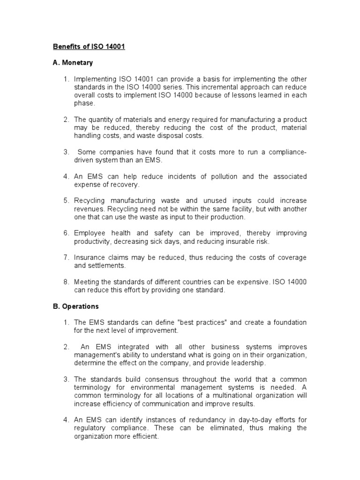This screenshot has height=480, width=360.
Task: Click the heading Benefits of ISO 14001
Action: (x=89, y=47)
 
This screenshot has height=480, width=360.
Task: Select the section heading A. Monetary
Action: (x=73, y=62)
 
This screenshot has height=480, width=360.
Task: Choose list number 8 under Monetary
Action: (x=67, y=282)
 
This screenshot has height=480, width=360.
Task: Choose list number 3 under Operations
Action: (x=67, y=379)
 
